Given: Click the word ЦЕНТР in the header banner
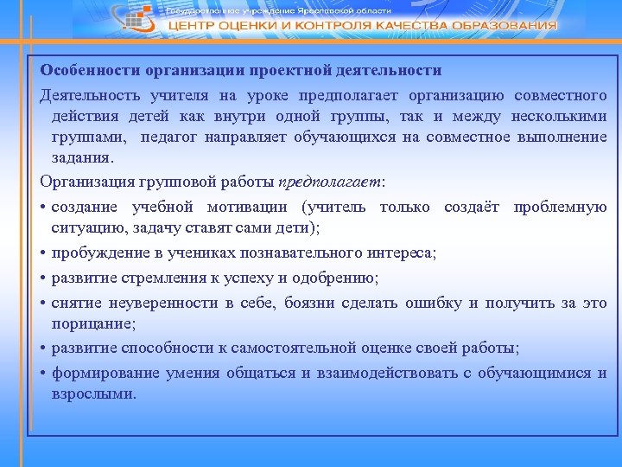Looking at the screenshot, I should pyautogui.click(x=193, y=26).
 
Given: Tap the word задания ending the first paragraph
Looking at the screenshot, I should pyautogui.click(x=82, y=158).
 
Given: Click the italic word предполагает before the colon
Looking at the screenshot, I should pyautogui.click(x=330, y=182).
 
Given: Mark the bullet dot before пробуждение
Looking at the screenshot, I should pyautogui.click(x=43, y=253).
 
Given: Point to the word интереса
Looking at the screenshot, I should pyautogui.click(x=402, y=253).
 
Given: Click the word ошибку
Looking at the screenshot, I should pyautogui.click(x=431, y=303).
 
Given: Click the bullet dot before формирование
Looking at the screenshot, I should pyautogui.click(x=43, y=374).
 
